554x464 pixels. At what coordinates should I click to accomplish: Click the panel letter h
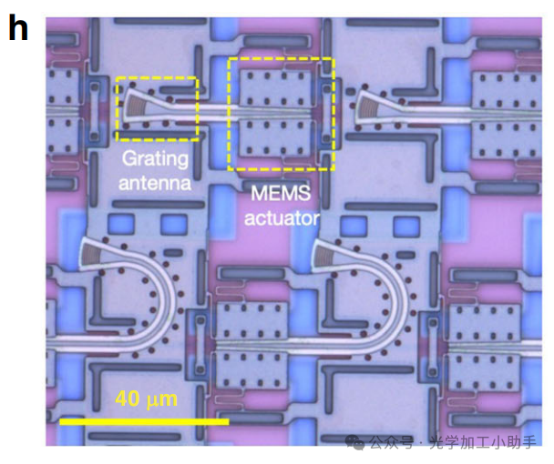click(18, 29)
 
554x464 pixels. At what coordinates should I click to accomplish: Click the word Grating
click(156, 159)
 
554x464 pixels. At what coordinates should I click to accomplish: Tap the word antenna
click(157, 183)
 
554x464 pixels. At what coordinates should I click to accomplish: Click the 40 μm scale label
click(147, 398)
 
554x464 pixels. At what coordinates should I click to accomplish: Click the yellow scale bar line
click(144, 421)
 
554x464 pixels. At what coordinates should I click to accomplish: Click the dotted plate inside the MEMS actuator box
click(280, 114)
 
